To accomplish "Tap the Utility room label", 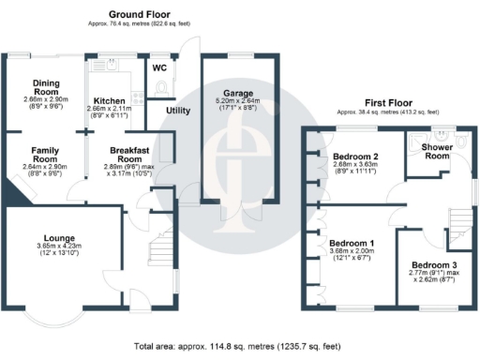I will (x=178, y=111).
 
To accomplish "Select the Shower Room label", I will (x=436, y=151).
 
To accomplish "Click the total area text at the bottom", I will (x=239, y=346).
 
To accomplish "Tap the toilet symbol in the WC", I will (x=164, y=87).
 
